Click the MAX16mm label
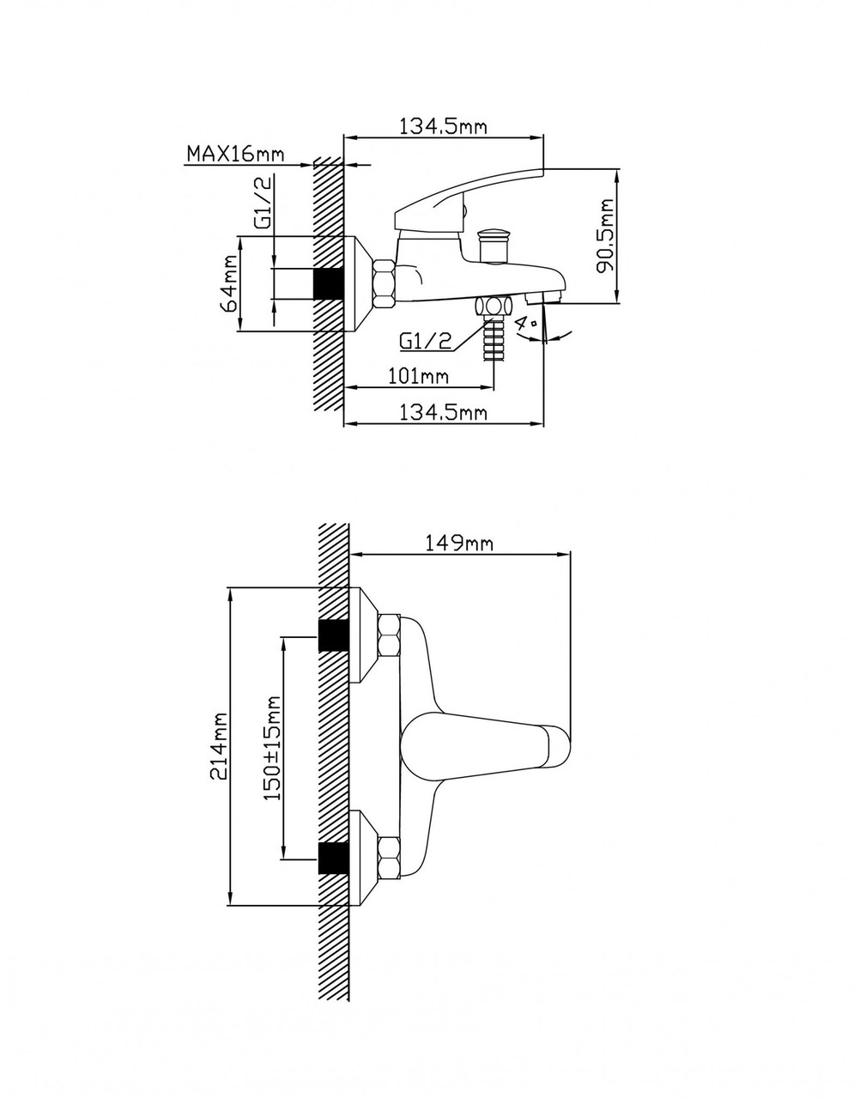tap(236, 153)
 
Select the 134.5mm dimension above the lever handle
tap(444, 126)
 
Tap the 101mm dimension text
tap(418, 376)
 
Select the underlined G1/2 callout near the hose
tap(425, 342)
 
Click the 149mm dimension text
tap(458, 543)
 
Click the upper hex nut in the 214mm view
tap(388, 636)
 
